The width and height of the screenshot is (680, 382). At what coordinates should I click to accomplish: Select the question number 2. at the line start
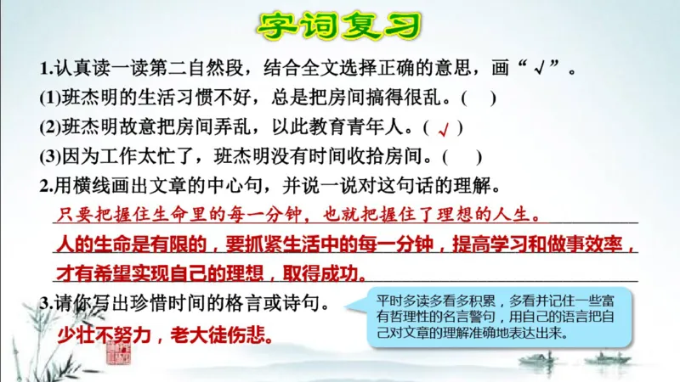[x=46, y=186]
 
